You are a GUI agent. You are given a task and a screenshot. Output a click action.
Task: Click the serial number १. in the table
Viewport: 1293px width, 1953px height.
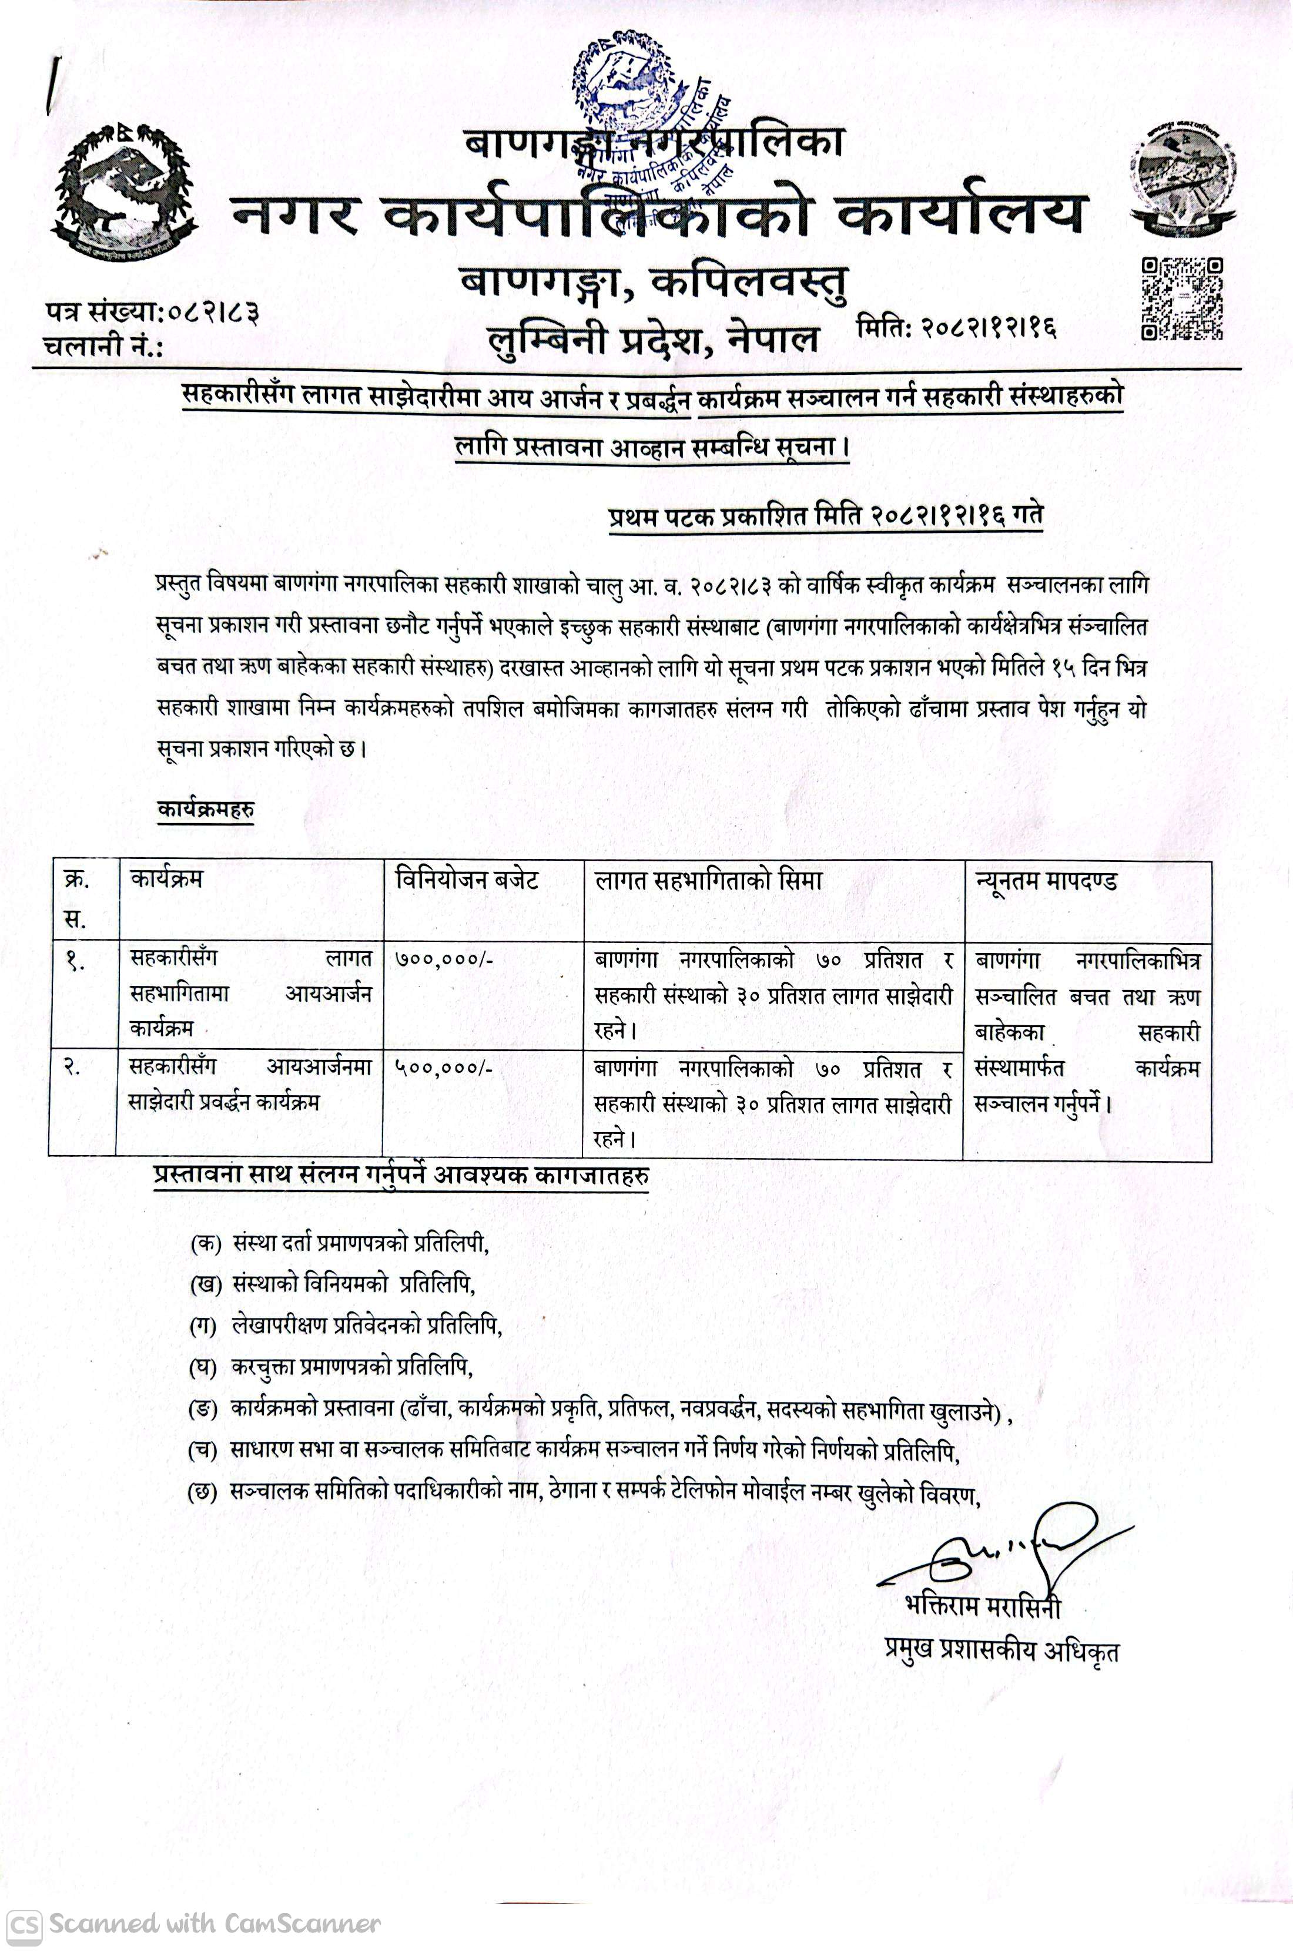coord(76,961)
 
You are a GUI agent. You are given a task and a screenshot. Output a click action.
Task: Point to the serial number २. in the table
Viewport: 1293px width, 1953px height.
coord(74,1068)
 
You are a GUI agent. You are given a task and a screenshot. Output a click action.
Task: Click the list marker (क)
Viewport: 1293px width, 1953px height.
coord(205,1244)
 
